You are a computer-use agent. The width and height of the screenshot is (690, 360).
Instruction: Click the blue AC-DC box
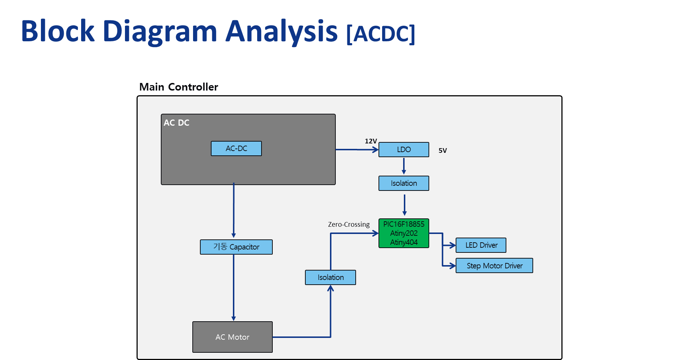[236, 148]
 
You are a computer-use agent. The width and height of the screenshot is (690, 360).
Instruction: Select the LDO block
[404, 150]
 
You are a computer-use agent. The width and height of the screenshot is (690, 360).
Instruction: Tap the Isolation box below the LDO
[404, 183]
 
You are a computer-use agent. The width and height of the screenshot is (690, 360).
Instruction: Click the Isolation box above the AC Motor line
[330, 277]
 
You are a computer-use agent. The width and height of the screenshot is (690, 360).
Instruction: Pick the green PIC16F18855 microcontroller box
[404, 233]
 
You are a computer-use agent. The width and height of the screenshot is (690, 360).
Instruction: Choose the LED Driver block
[481, 245]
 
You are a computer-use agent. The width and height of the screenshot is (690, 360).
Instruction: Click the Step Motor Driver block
[494, 265]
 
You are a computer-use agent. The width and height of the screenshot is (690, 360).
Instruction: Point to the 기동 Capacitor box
[236, 247]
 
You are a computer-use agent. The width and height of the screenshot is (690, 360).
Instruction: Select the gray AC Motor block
[233, 337]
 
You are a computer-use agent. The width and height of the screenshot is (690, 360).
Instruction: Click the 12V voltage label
[371, 141]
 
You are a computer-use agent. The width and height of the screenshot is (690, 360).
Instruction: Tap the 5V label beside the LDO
[443, 151]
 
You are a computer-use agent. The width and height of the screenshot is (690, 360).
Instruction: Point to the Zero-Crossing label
[349, 225]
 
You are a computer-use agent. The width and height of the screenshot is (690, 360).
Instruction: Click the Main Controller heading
[179, 87]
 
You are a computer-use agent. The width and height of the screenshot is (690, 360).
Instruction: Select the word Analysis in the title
[281, 32]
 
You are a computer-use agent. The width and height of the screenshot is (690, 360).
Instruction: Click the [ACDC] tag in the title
[381, 34]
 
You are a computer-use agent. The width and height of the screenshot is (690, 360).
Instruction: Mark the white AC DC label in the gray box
[176, 123]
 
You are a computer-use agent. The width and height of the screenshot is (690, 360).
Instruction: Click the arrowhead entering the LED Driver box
[452, 245]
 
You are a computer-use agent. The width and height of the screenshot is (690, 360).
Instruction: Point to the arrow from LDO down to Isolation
[404, 166]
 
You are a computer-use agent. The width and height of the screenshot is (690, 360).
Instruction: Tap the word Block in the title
[58, 31]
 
